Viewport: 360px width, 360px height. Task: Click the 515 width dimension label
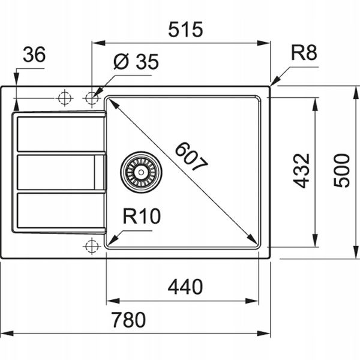185,29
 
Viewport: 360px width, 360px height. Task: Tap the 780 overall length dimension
128,320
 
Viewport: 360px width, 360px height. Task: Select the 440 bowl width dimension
185,287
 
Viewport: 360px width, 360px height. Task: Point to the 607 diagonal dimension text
191,157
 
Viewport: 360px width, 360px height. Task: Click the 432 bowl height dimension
301,171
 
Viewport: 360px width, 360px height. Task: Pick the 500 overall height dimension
341,171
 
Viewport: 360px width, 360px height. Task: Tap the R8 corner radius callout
304,53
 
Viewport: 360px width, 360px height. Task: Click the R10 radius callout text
142,216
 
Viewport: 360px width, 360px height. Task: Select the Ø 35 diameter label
136,62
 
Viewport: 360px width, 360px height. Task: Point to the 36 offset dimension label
34,55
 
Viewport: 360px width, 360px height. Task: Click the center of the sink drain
141,172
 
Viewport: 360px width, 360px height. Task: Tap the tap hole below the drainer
92,246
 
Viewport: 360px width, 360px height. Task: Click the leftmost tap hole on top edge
65,98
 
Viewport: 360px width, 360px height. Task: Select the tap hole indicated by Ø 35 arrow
92,98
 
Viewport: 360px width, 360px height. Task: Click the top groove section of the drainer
61,134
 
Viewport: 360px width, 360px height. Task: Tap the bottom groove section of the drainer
61,211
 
